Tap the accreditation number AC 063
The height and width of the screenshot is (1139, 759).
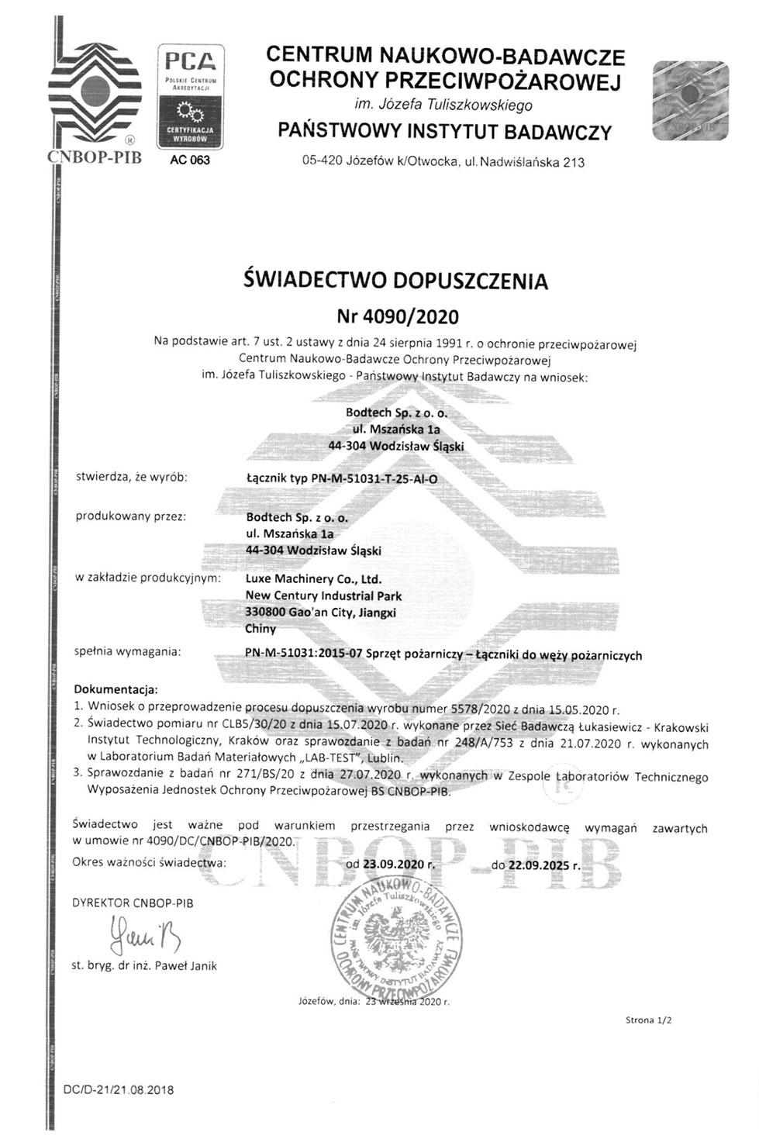click(189, 161)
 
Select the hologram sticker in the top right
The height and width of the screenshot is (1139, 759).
click(691, 101)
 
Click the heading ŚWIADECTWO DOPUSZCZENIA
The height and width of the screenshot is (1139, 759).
click(395, 280)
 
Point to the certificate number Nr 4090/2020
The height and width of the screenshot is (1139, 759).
click(397, 316)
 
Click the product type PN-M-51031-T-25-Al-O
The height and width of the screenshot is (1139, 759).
click(341, 478)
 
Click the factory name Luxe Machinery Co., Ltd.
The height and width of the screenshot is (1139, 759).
click(312, 579)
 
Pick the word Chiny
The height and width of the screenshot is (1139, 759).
click(260, 629)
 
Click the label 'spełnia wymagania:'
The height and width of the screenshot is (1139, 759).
click(128, 651)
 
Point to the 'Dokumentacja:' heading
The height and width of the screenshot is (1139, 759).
click(116, 689)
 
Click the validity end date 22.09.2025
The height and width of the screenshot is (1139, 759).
click(545, 862)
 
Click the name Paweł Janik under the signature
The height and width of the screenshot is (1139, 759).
click(186, 966)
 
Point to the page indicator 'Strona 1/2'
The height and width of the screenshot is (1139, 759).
click(648, 1020)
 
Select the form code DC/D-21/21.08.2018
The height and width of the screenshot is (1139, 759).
click(118, 1089)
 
